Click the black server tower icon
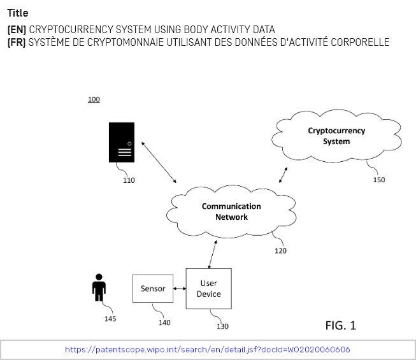click(121, 142)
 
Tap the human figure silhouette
click(99, 287)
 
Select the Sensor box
click(153, 289)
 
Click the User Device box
click(208, 289)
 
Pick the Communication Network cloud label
click(231, 212)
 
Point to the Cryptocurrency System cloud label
click(336, 136)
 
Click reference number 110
click(129, 180)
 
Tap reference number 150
click(378, 180)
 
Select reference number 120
click(280, 250)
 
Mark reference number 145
click(110, 319)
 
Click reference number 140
click(164, 322)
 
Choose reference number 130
click(222, 326)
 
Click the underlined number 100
click(94, 100)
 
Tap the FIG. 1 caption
click(340, 326)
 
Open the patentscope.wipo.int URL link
click(207, 350)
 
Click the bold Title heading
click(18, 13)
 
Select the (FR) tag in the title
click(17, 42)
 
